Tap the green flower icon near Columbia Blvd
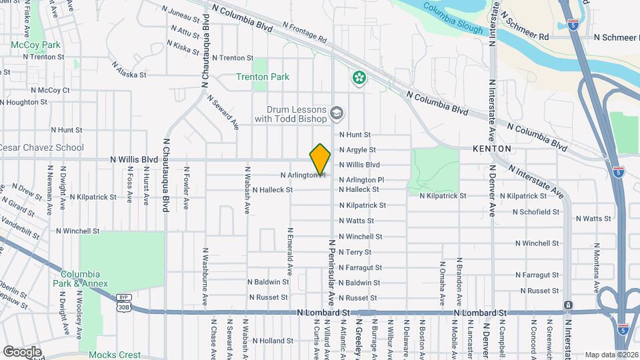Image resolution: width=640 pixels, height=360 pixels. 359,79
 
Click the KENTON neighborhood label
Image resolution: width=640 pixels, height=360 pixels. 492,148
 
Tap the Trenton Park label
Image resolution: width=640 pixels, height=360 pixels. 263,77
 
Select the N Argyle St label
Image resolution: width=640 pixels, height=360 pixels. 357,150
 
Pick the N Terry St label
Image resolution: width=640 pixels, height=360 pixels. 355,252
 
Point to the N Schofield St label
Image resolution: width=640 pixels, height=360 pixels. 536,212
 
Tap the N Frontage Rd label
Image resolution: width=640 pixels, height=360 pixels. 304,31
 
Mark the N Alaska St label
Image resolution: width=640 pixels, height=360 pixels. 129,71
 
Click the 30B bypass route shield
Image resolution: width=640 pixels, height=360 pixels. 123,307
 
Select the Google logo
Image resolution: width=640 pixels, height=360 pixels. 22,351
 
